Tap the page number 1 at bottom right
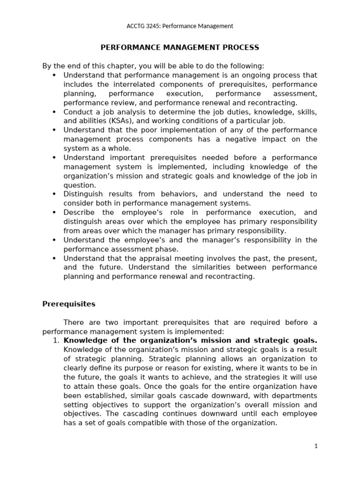(316, 446)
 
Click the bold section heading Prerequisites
(68, 304)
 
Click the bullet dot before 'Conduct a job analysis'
(54, 112)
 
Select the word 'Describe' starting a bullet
(78, 212)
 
